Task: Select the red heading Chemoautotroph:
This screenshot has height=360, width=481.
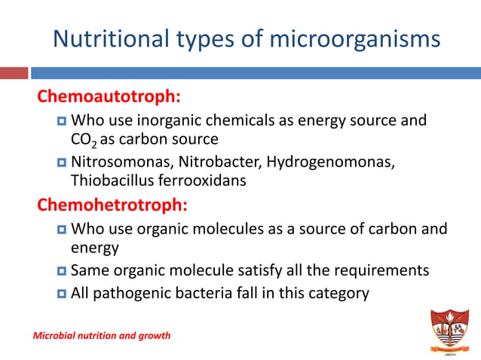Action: pyautogui.click(x=109, y=97)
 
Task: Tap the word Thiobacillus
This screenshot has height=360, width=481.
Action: pyautogui.click(x=108, y=181)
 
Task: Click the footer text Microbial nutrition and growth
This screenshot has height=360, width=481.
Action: pyautogui.click(x=102, y=335)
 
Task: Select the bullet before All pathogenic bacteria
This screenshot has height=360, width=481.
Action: pyautogui.click(x=62, y=293)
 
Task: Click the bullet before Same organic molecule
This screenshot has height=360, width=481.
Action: pyautogui.click(x=62, y=270)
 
